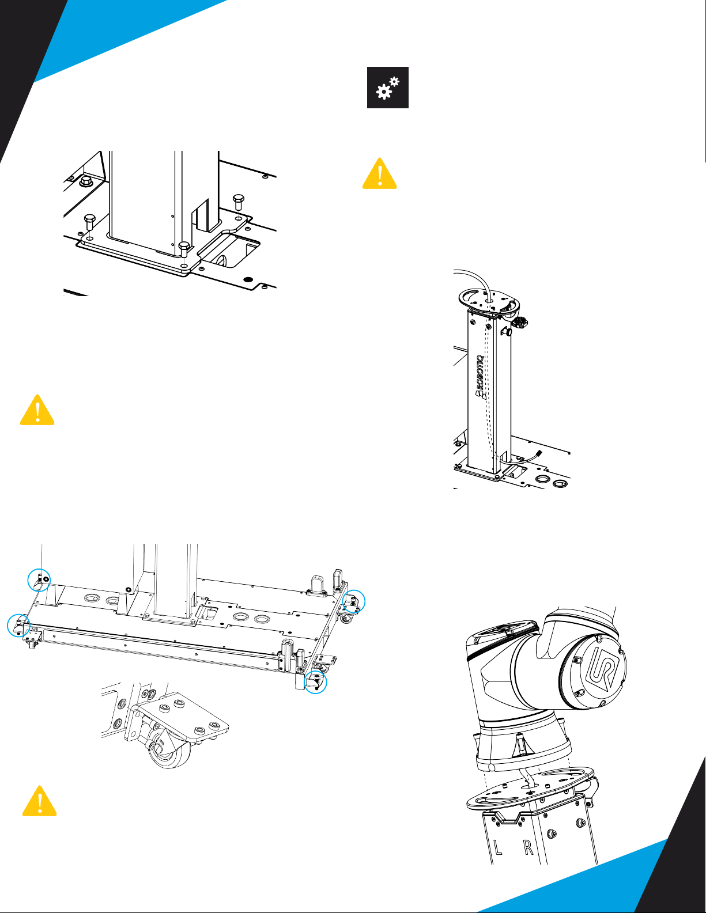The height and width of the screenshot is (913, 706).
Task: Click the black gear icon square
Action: click(387, 88)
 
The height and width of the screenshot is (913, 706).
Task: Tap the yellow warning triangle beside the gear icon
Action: click(379, 173)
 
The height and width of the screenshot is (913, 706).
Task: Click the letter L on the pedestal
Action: click(497, 847)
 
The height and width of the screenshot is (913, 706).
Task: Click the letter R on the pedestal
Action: click(528, 847)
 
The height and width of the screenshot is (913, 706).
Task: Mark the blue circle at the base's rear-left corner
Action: click(39, 580)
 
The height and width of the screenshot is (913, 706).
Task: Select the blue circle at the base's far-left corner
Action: click(19, 626)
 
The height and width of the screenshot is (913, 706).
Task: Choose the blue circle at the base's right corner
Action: click(354, 601)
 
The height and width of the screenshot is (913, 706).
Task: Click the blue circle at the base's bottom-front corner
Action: click(315, 681)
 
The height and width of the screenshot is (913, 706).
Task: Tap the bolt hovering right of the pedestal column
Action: click(238, 202)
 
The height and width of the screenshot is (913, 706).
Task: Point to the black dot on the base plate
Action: click(248, 279)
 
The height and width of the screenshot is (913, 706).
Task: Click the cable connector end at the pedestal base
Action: click(538, 453)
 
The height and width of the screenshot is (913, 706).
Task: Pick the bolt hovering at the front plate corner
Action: click(184, 249)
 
